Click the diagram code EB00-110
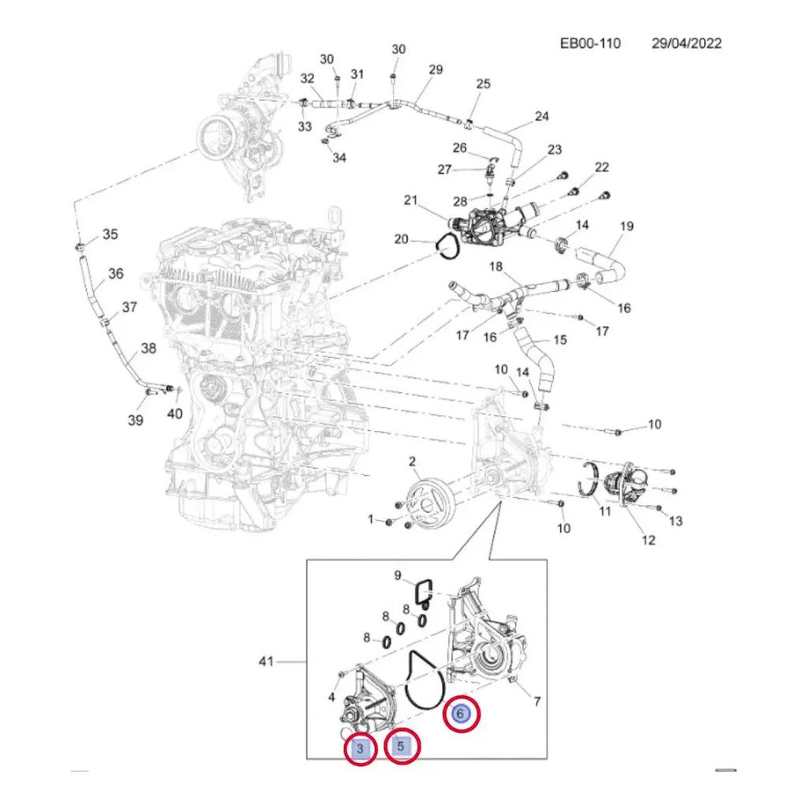coord(590,43)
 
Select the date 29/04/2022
coord(686,43)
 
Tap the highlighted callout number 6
coord(461,714)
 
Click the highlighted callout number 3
coord(360,748)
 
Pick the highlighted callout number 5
coord(402,745)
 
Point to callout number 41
coord(266,661)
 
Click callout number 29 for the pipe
coord(436,69)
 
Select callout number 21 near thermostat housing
coord(410,200)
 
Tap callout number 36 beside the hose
coord(116,273)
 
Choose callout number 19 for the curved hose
coord(626,226)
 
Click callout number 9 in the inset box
coord(398,575)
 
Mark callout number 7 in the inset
coord(537,701)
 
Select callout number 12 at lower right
coord(649,540)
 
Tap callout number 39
coord(136,421)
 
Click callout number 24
coord(541,117)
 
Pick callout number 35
coord(110,234)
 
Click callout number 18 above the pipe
coord(496,267)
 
